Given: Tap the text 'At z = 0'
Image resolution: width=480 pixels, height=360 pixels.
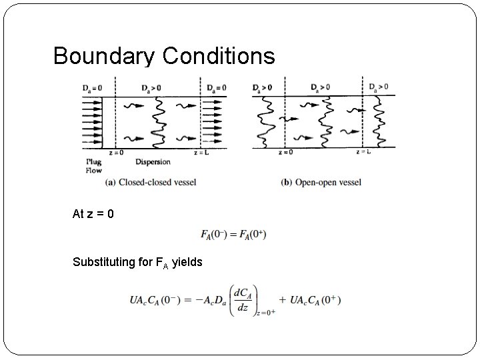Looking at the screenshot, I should tap(93, 215).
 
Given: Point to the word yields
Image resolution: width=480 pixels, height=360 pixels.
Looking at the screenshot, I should tap(187, 262).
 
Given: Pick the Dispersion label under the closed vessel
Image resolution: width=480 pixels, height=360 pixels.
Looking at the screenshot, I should tap(153, 161).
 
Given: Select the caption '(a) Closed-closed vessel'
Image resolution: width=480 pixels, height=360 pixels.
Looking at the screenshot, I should tap(150, 182).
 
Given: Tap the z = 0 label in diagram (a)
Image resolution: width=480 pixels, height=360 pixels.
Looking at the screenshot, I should tap(118, 153).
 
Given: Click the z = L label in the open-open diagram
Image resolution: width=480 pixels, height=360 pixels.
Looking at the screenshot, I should tap(364, 153).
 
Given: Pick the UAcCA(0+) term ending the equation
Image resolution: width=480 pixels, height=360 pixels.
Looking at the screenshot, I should tap(315, 300).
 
